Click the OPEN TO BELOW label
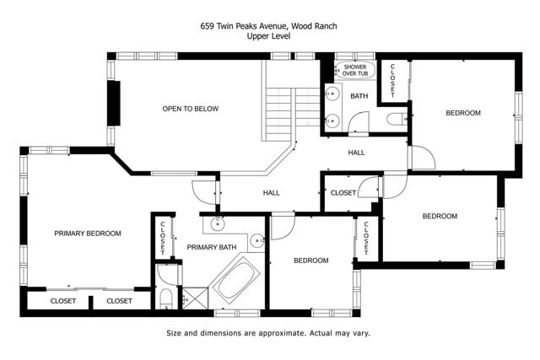coord(191,109)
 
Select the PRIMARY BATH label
coord(211,247)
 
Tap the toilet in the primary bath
coord(165,298)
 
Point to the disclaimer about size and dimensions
coord(268,333)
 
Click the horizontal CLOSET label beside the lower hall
coord(343,193)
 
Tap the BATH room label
coord(359,96)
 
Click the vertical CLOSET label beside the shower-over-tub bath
coord(392,80)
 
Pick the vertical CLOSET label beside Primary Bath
coord(162,238)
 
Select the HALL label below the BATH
coord(356,153)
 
